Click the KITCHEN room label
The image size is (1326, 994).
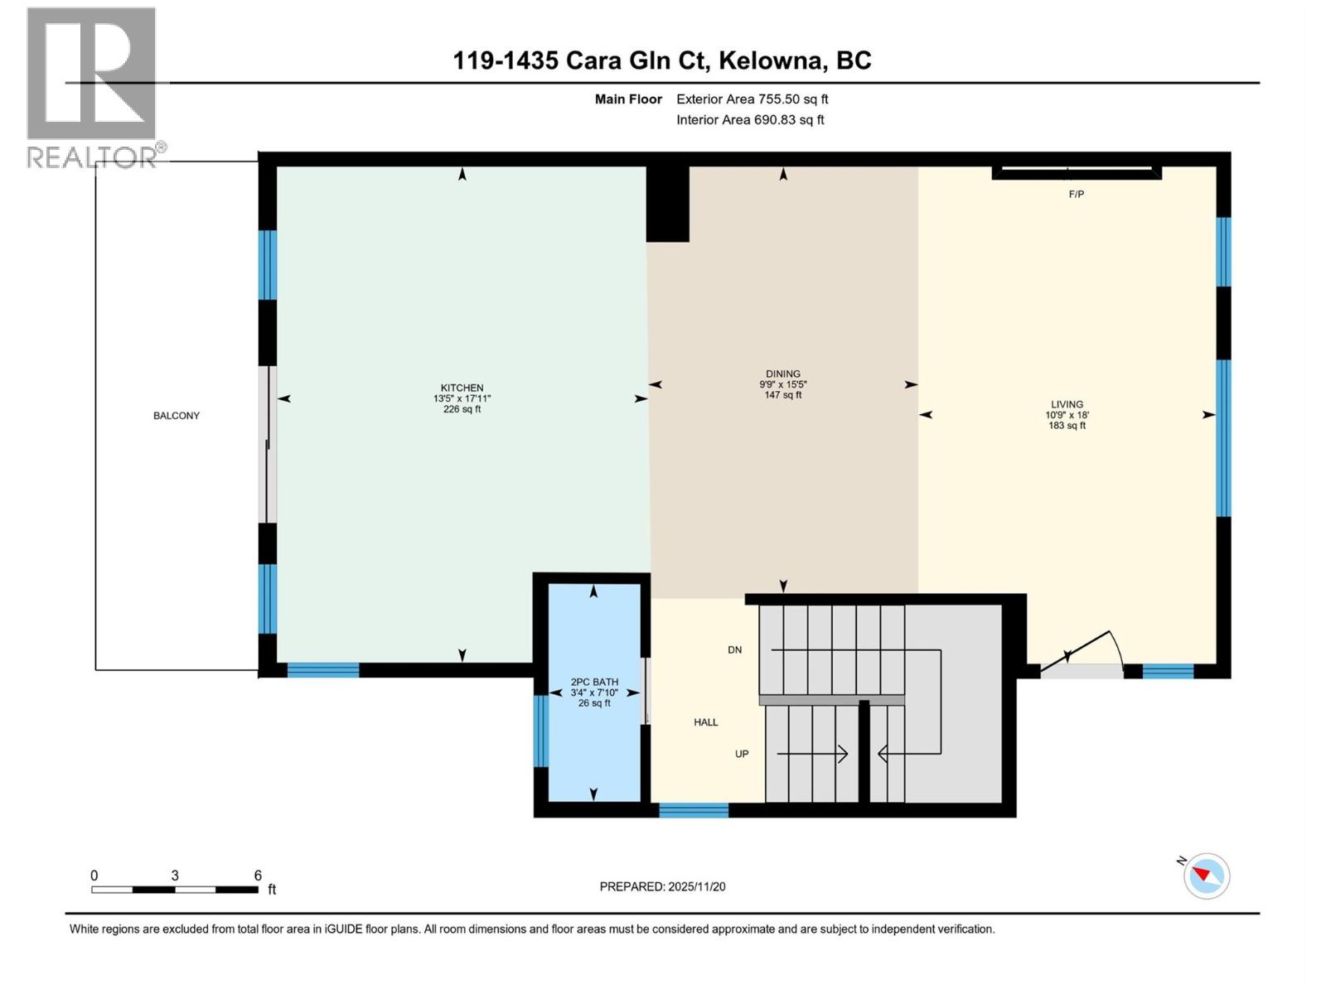[462, 388]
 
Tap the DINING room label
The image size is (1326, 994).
[782, 374]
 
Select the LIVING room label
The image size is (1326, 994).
[1067, 404]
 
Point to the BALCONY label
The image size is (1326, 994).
[177, 416]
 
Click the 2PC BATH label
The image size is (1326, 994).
[594, 683]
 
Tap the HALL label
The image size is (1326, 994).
[706, 722]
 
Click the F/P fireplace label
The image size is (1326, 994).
[1076, 195]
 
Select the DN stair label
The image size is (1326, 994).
[734, 650]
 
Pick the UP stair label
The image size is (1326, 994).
[742, 754]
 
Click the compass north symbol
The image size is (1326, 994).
[1206, 876]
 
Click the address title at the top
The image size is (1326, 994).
[661, 60]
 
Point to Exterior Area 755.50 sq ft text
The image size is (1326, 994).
[752, 99]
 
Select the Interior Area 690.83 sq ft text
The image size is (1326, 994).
[750, 120]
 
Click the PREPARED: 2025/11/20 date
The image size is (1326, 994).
[662, 886]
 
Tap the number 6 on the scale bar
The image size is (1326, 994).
[258, 876]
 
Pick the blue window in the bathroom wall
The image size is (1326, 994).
[540, 731]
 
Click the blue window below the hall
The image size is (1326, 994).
[694, 810]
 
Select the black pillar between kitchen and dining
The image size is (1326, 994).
[667, 203]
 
